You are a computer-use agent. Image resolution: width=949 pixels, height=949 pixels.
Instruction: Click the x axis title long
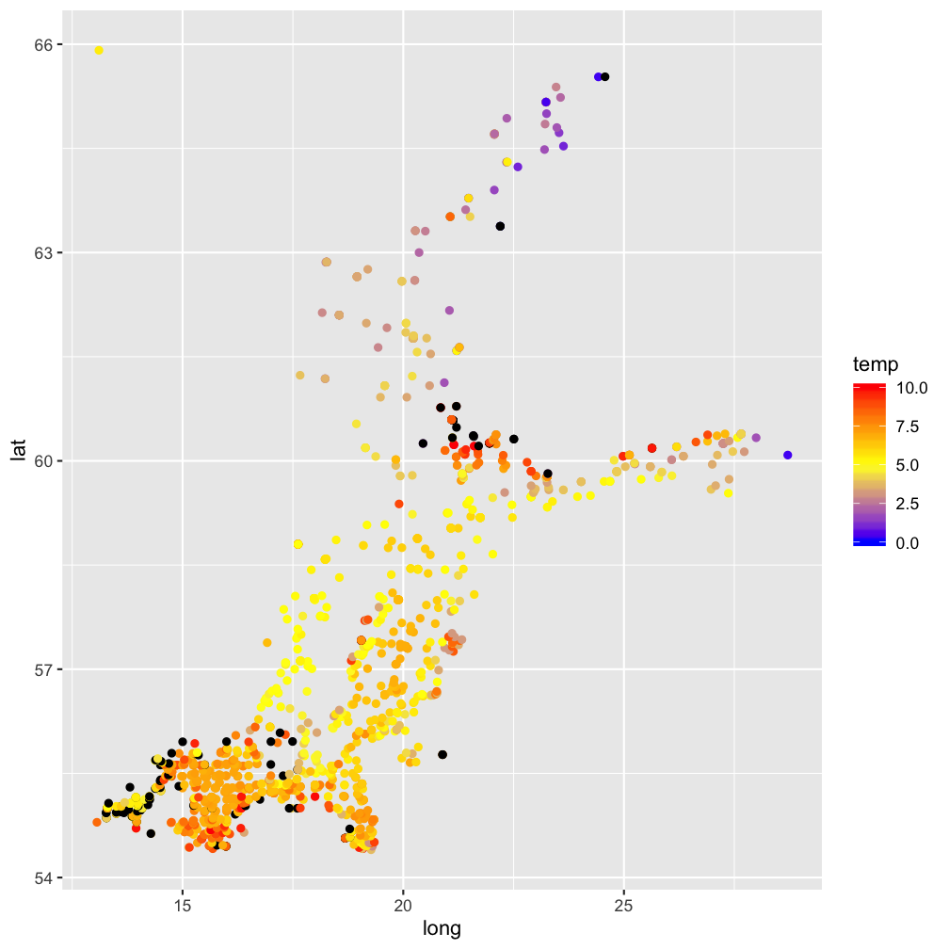442,929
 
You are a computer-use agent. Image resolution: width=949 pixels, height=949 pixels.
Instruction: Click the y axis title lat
17,451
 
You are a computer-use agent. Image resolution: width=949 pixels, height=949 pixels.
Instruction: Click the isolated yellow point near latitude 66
99,50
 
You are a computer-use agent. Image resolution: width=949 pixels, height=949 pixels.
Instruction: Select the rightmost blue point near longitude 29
787,455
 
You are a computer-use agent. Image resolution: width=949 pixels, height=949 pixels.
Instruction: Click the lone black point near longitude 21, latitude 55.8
442,754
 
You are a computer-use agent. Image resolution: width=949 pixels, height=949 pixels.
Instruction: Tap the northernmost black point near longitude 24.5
605,76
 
